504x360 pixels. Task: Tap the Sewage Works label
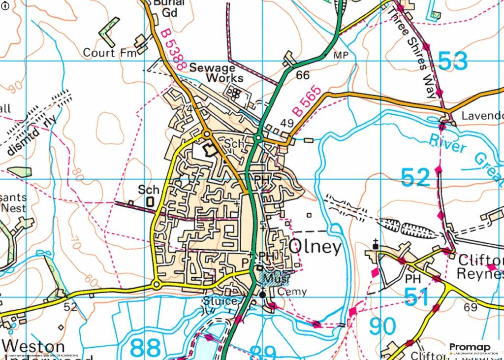(x=217, y=73)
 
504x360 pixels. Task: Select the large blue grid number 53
(x=452, y=62)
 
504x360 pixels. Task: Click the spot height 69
(x=471, y=308)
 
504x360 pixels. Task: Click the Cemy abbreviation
(x=292, y=292)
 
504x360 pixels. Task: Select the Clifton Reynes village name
(x=480, y=266)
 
